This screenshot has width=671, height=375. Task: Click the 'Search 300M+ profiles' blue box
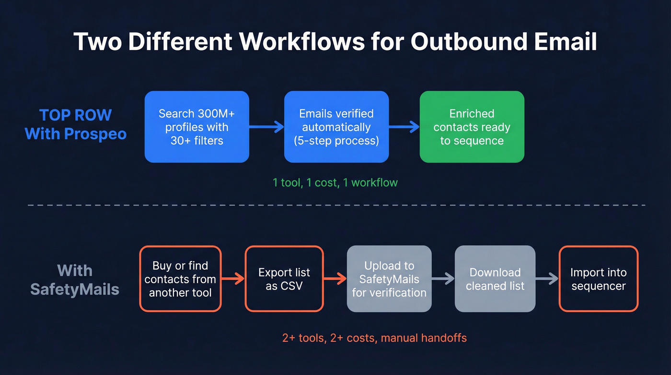coord(197,127)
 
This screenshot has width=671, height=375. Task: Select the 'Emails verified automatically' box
coord(336,127)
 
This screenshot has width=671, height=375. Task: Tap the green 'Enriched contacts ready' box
coord(472,127)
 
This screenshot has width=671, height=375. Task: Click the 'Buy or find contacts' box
coord(180,279)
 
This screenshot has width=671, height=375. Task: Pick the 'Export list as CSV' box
coord(284,279)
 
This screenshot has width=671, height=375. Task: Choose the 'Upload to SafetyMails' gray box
coord(389,279)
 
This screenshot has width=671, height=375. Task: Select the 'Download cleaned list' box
coord(495,279)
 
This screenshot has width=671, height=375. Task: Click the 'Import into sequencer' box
coord(598,279)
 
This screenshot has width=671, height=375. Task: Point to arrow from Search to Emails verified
coord(266,127)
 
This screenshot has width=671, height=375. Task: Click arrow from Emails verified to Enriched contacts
coord(404,127)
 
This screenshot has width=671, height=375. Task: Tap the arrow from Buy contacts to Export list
coord(233,279)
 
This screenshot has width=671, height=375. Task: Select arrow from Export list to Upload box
coord(335,279)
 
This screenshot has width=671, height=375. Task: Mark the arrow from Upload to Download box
coord(443,279)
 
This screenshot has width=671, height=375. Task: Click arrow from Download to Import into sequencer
coord(547,279)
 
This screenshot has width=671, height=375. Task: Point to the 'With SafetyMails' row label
coord(75,280)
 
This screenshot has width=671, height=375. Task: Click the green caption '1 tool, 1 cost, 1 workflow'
coord(335,182)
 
